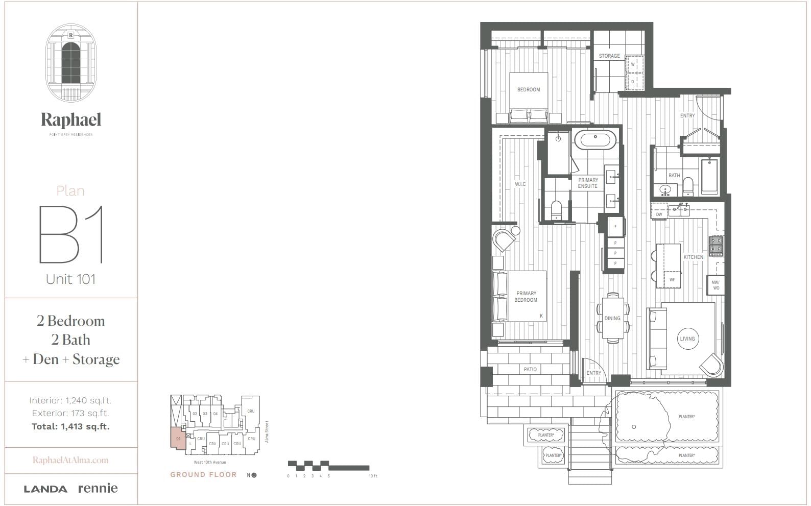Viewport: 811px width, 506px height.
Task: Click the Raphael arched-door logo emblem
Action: tap(70, 61)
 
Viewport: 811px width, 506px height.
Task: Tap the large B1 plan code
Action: tap(71, 234)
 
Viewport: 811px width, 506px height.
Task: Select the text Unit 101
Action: tap(71, 279)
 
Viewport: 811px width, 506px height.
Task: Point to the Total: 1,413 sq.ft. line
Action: tap(70, 426)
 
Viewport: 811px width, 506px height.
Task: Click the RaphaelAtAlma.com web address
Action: tap(70, 460)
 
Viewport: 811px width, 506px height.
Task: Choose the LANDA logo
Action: tap(45, 489)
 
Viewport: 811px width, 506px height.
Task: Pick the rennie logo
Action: tap(98, 488)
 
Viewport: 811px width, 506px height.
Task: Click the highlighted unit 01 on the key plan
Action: tap(178, 439)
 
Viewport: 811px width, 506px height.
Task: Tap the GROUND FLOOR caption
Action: tap(203, 474)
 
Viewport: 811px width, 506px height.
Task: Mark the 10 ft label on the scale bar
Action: tap(373, 476)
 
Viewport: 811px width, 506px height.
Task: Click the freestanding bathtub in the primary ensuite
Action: tap(595, 140)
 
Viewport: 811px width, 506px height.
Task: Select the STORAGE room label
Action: tap(609, 56)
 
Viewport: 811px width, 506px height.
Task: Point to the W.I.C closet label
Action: tap(520, 184)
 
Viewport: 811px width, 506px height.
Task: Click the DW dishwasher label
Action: tap(659, 214)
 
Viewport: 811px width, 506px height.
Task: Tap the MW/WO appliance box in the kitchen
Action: tap(715, 285)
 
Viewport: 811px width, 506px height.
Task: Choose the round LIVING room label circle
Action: tap(687, 339)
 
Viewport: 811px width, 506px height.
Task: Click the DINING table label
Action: tap(612, 318)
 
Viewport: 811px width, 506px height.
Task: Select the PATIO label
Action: tap(530, 369)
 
